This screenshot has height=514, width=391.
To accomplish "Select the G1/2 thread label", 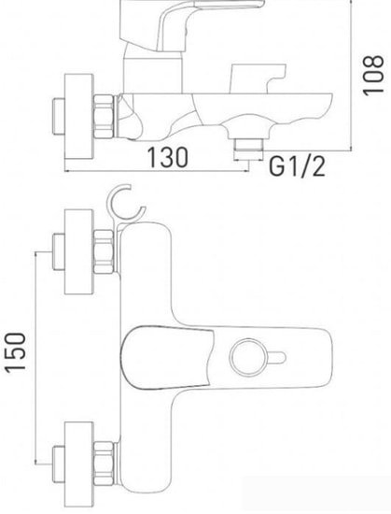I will (x=297, y=168).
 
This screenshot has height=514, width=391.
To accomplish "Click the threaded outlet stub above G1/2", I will (x=246, y=144).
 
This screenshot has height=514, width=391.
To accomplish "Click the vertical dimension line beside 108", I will (x=350, y=75).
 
